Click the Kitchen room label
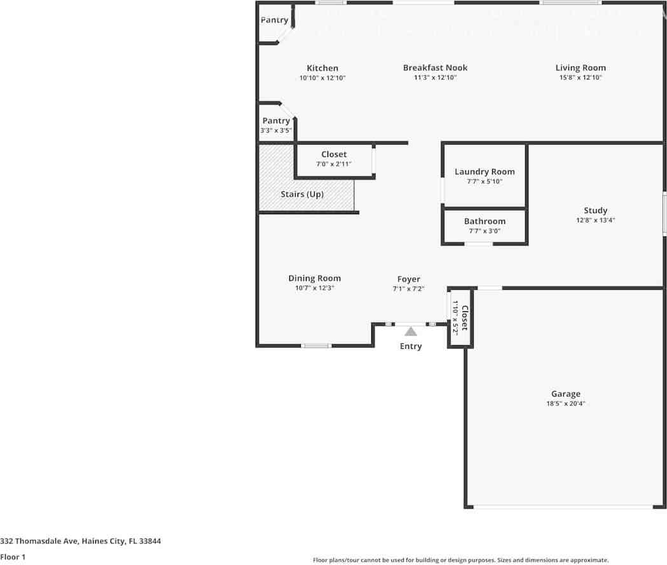pyautogui.click(x=322, y=68)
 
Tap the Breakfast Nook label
pyautogui.click(x=435, y=67)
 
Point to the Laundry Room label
pyautogui.click(x=485, y=172)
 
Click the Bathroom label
pyautogui.click(x=485, y=221)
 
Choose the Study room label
pyautogui.click(x=595, y=210)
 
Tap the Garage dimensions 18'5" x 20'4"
pyautogui.click(x=565, y=404)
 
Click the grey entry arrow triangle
pyautogui.click(x=411, y=331)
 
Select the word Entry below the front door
pyautogui.click(x=410, y=346)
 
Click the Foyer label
pyautogui.click(x=408, y=279)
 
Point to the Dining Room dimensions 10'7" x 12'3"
pyautogui.click(x=314, y=288)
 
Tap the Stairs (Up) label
pyautogui.click(x=302, y=194)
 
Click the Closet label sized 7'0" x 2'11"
pyautogui.click(x=334, y=154)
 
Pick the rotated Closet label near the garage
pyautogui.click(x=465, y=318)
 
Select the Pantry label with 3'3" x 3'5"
pyautogui.click(x=276, y=121)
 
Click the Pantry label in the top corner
pyautogui.click(x=274, y=20)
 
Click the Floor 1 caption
pyautogui.click(x=13, y=557)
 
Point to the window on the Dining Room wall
pyautogui.click(x=316, y=346)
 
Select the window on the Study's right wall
pyautogui.click(x=664, y=214)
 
